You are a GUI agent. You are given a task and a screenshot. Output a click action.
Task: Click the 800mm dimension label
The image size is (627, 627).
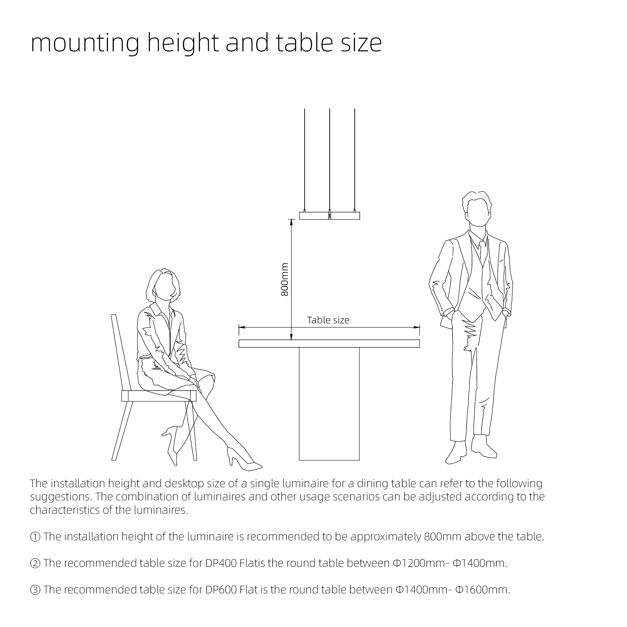(284, 279)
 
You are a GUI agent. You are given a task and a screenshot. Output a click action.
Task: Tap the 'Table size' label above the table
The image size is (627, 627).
(328, 320)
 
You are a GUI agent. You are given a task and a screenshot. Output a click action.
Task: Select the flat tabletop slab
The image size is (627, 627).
(329, 343)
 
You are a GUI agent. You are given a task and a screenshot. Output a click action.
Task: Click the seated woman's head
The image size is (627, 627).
(164, 286)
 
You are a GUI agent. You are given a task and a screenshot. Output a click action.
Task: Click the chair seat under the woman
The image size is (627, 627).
(159, 396)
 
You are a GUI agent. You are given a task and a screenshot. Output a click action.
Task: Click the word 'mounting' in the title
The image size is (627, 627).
(85, 44)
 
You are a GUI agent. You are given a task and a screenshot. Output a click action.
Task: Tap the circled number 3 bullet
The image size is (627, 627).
(35, 590)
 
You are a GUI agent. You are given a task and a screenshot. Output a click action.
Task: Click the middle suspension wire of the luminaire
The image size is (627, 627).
(329, 159)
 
